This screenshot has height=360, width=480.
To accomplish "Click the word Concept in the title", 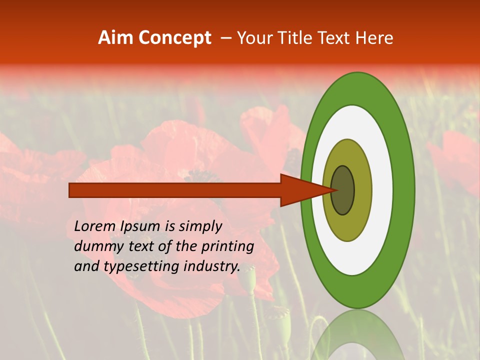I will point(174,38).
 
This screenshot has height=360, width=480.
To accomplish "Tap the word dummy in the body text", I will point(97,246).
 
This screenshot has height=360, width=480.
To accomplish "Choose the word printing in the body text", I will point(227,246).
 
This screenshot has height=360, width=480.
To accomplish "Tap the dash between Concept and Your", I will point(226,38).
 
